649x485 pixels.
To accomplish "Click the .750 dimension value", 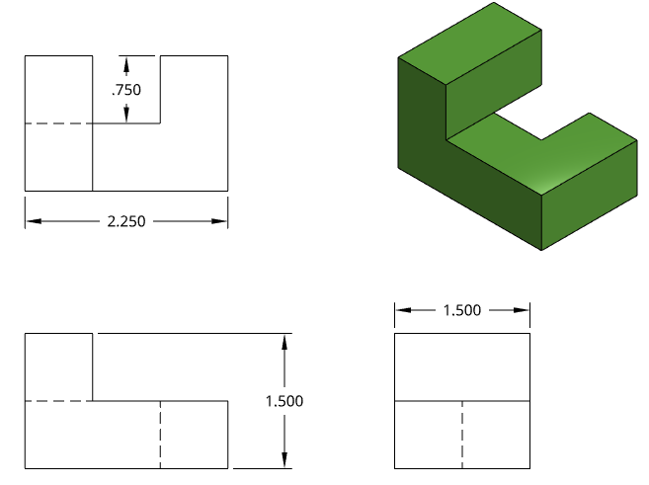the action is tap(126, 90).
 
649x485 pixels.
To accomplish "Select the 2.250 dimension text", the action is tap(126, 221).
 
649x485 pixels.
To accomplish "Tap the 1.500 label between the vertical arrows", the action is tap(284, 401).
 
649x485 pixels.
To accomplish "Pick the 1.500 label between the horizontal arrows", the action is tap(462, 310).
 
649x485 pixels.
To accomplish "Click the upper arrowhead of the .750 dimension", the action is tap(126, 63).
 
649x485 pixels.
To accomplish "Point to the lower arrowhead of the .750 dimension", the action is tap(126, 116).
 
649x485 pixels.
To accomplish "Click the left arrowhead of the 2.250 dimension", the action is tap(34, 221).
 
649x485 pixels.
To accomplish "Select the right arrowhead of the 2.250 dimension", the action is tap(219, 221).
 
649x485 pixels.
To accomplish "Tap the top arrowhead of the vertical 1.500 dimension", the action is tap(284, 342).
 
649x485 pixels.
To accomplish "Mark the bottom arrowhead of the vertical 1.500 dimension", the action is tap(284, 460).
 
